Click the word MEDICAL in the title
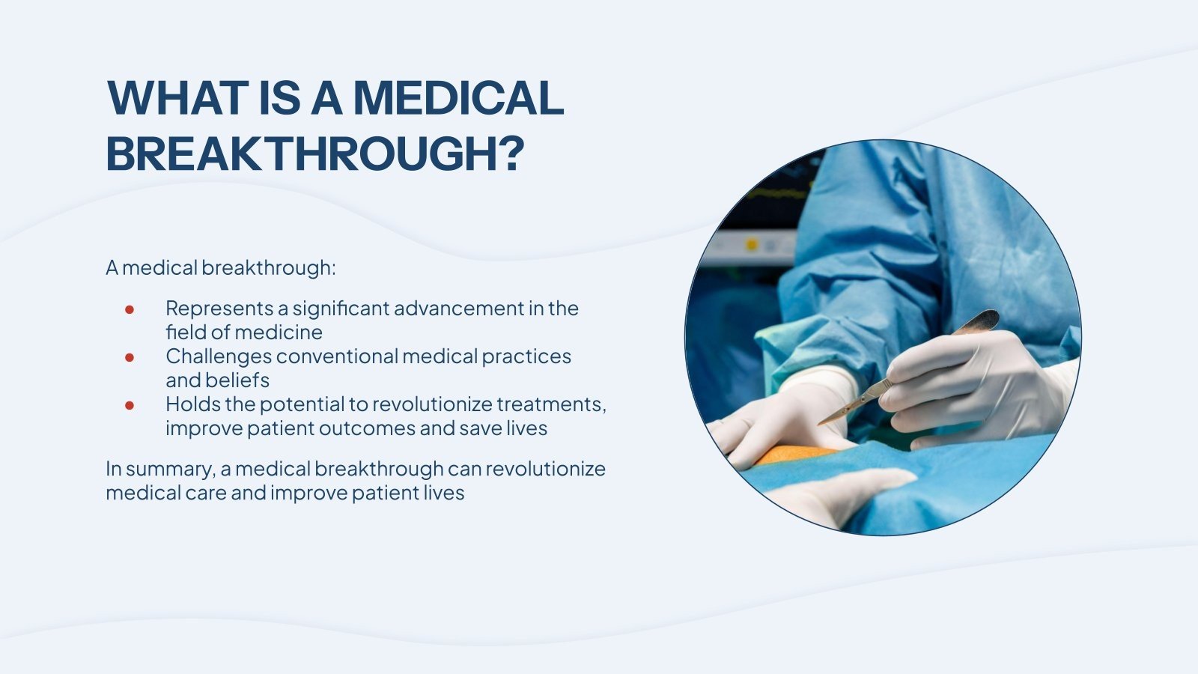click(458, 98)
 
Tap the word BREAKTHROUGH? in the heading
click(315, 154)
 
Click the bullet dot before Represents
click(130, 309)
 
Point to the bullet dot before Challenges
click(130, 357)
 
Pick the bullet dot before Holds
click(130, 405)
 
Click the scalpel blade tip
click(819, 424)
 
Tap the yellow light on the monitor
click(752, 245)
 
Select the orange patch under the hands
click(796, 454)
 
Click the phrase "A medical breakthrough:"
click(221, 267)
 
